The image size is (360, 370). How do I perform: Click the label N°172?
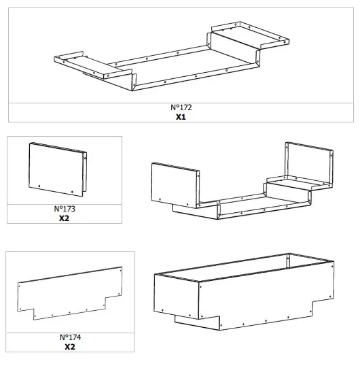[180, 107]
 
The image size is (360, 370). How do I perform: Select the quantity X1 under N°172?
[180, 117]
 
